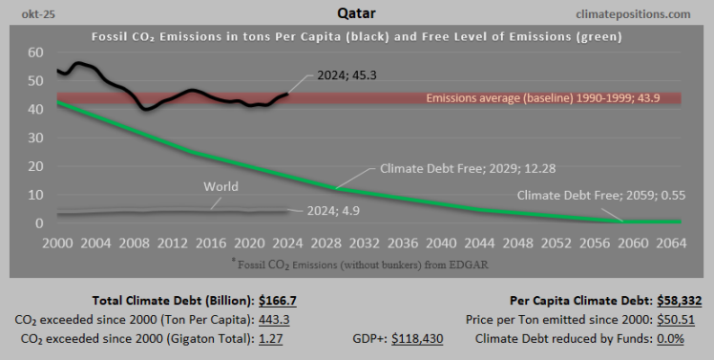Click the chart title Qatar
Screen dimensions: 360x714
point(355,13)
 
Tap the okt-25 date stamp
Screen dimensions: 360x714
point(28,13)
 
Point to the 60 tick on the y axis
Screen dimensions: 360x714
point(35,53)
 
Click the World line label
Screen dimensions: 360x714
point(220,186)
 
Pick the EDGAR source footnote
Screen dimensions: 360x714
point(356,261)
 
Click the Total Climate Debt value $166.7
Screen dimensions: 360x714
point(278,299)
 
